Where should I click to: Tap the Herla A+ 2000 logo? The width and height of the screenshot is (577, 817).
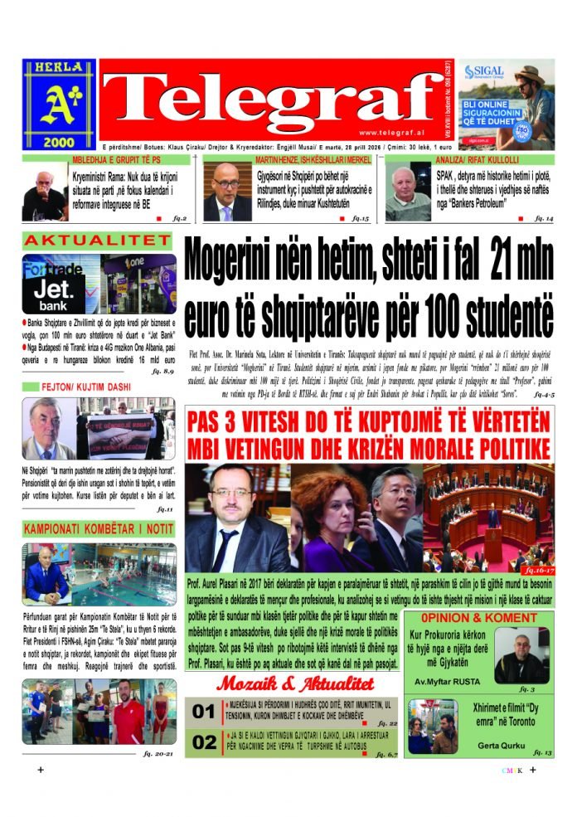pos(59,104)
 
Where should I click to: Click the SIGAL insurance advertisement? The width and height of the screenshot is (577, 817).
pos(507,105)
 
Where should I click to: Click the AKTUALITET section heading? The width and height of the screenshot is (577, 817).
pos(96,241)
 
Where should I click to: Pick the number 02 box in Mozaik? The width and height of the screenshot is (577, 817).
pos(204,743)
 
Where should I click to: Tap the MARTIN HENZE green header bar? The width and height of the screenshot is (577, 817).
pos(292,158)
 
